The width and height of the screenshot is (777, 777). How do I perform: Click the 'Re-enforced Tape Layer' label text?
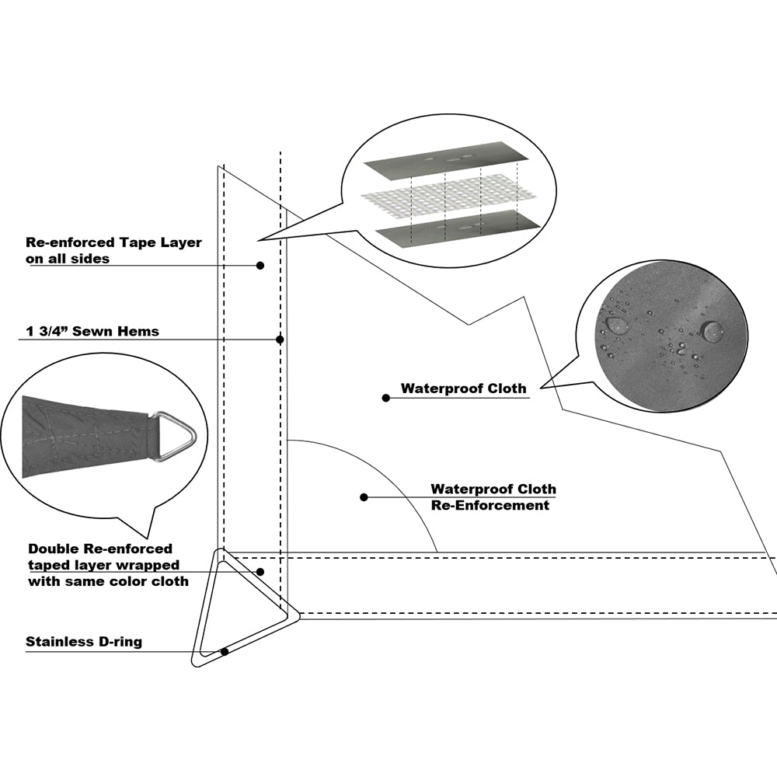pyautogui.click(x=114, y=242)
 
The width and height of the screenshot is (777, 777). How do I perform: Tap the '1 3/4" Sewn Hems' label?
pyautogui.click(x=92, y=332)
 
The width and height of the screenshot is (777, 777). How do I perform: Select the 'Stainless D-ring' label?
pyautogui.click(x=84, y=642)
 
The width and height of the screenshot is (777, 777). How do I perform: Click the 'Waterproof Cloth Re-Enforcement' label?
pyautogui.click(x=493, y=497)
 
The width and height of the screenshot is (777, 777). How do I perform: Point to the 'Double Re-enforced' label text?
pyautogui.click(x=100, y=549)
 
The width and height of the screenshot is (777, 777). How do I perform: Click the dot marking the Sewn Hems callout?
pyautogui.click(x=280, y=340)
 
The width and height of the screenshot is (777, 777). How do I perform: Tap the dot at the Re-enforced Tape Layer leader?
pyautogui.click(x=260, y=265)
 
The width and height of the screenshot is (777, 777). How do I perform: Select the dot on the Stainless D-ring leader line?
pyautogui.click(x=225, y=651)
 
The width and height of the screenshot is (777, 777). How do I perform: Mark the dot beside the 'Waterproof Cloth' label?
pyautogui.click(x=386, y=398)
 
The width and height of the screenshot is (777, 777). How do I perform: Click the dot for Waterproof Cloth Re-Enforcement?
pyautogui.click(x=364, y=497)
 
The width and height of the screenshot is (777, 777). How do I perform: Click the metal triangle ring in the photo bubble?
pyautogui.click(x=173, y=436)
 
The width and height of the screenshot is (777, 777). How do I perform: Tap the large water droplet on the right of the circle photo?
pyautogui.click(x=712, y=331)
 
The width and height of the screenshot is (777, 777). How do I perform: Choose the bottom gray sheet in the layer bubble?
pyautogui.click(x=458, y=228)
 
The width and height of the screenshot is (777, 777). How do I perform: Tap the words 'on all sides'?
pyautogui.click(x=69, y=259)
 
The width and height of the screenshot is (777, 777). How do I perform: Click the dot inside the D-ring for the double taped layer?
pyautogui.click(x=261, y=571)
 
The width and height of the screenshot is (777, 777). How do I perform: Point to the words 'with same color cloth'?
pyautogui.click(x=108, y=580)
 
